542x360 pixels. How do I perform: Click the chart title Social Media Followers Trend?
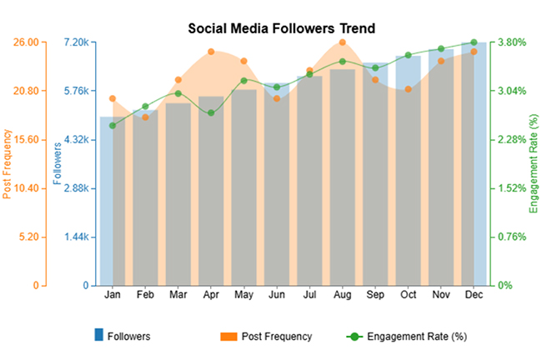[282, 27]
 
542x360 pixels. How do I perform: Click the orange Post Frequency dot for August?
[343, 42]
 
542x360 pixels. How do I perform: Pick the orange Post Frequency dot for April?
[211, 52]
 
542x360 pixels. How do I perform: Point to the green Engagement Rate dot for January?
[113, 126]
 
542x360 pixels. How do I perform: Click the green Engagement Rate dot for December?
[474, 42]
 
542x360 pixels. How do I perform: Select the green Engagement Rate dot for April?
[211, 112]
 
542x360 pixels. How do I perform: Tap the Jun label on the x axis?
[277, 295]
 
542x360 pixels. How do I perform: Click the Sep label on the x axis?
[375, 295]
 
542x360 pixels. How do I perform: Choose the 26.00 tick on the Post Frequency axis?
[26, 42]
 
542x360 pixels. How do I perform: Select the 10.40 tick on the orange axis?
[26, 188]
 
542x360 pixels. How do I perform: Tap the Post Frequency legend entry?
[267, 337]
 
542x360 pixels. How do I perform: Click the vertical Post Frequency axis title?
[8, 163]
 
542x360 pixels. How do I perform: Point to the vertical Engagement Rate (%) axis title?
[534, 163]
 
